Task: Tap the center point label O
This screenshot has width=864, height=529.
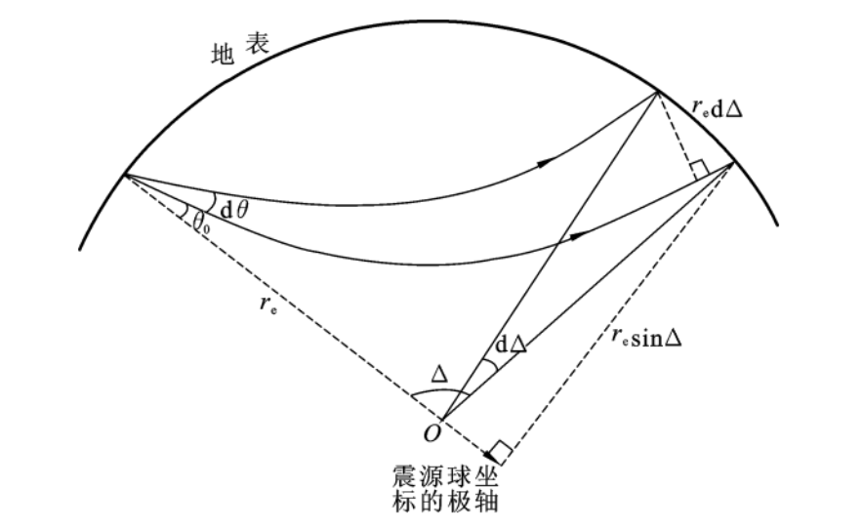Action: pyautogui.click(x=431, y=430)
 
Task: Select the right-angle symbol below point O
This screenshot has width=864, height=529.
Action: pyautogui.click(x=498, y=452)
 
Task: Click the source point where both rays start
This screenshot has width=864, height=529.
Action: pyautogui.click(x=125, y=175)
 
